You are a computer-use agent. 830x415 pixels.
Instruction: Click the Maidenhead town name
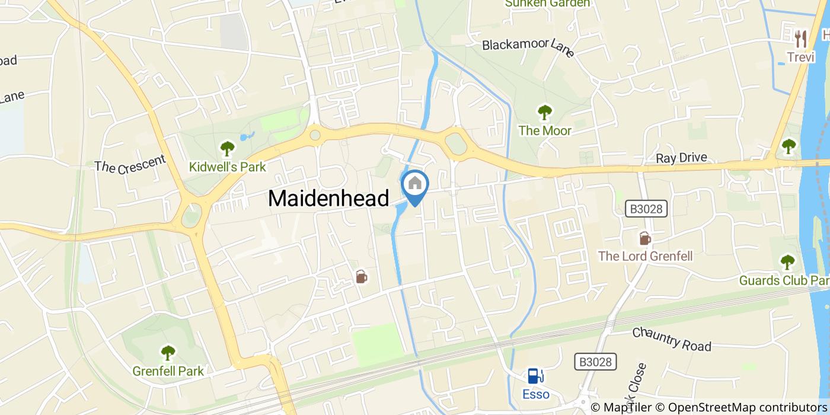tap(328, 198)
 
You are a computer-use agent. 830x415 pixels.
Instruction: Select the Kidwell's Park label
tap(227, 167)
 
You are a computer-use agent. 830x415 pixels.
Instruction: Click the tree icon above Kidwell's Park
tap(227, 148)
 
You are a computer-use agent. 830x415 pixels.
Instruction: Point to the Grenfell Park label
tap(168, 372)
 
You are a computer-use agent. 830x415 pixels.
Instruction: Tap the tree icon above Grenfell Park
tap(168, 353)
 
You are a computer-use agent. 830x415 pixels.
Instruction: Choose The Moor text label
tap(545, 130)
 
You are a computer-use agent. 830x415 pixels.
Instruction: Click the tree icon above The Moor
tap(544, 111)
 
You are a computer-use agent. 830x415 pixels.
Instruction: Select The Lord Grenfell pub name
tap(645, 256)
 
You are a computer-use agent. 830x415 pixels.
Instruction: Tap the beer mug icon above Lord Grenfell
tap(644, 238)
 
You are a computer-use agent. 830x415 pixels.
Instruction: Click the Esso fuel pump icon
tap(535, 376)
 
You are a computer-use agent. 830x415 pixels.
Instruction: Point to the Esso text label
tap(535, 394)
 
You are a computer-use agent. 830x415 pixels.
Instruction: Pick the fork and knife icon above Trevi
tap(802, 39)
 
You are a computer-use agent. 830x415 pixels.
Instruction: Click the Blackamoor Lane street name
tap(528, 47)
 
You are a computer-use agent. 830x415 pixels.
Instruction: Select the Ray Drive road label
tap(681, 158)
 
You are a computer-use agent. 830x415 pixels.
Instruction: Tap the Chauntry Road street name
tap(671, 339)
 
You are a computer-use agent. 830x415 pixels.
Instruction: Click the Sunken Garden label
tap(547, 4)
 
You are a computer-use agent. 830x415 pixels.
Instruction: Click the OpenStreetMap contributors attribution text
tap(748, 407)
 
